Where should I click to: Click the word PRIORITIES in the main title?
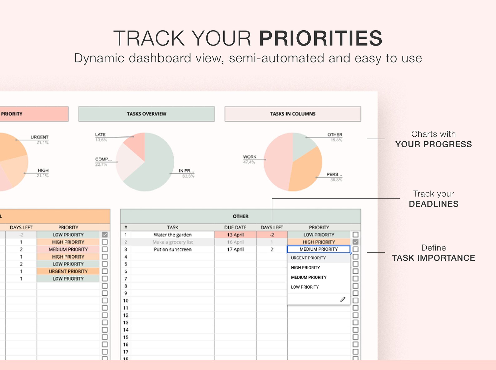tap(320, 38)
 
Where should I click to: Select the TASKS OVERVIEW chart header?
tap(146, 114)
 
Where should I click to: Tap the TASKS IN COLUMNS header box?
tap(293, 114)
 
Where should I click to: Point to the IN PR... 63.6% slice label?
tap(186, 173)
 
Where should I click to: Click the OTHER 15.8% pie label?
tap(335, 137)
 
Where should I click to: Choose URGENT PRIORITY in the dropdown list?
tap(308, 258)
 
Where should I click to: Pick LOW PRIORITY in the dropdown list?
tap(305, 287)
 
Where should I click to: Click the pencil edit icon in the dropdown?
tap(343, 299)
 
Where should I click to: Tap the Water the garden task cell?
tap(172, 235)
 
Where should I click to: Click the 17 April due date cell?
tap(235, 249)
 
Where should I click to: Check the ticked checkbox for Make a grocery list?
tap(355, 242)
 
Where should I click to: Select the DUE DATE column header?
tap(235, 227)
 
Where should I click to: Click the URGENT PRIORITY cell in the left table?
tap(68, 271)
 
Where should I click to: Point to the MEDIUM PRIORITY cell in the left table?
tap(68, 249)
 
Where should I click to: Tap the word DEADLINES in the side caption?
tap(434, 204)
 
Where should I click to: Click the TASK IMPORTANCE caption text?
tap(434, 258)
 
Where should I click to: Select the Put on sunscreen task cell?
tap(172, 249)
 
